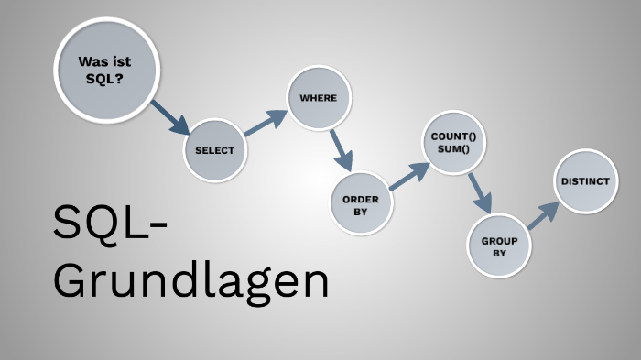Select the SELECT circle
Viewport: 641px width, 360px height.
[x=215, y=150]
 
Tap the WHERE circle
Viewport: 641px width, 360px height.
[x=319, y=97]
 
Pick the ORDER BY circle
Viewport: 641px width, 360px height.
[x=360, y=204]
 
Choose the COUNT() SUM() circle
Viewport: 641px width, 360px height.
[x=454, y=143]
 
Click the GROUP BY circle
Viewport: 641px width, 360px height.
[x=498, y=245]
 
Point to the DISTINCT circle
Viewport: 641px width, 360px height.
[x=584, y=182]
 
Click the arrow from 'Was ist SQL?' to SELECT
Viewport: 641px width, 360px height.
[x=169, y=118]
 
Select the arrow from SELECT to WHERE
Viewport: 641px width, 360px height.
[x=266, y=123]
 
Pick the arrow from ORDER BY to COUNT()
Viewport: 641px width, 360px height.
[x=408, y=176]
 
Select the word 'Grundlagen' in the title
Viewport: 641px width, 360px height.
[x=190, y=280]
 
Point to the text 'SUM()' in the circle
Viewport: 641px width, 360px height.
[x=454, y=148]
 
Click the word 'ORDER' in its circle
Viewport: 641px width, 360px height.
[x=360, y=199]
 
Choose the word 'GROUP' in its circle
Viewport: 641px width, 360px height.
[x=499, y=240]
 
